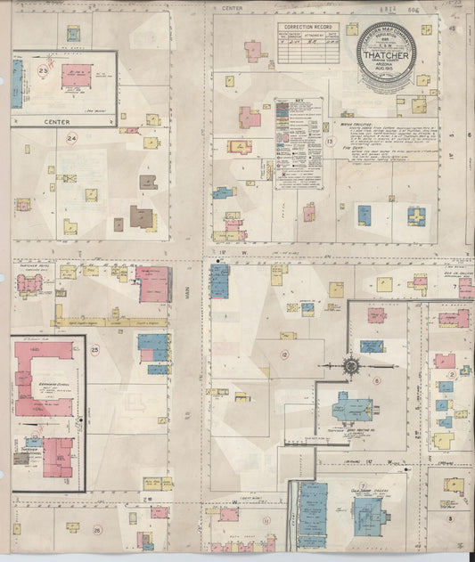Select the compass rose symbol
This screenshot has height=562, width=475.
[351, 364]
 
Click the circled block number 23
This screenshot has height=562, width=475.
[44, 69]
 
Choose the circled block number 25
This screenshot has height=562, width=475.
[94, 350]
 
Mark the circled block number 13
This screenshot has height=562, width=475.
[329, 141]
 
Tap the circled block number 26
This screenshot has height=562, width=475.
[96, 530]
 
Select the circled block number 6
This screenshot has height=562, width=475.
[376, 379]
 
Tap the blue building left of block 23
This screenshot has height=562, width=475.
[16, 84]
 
